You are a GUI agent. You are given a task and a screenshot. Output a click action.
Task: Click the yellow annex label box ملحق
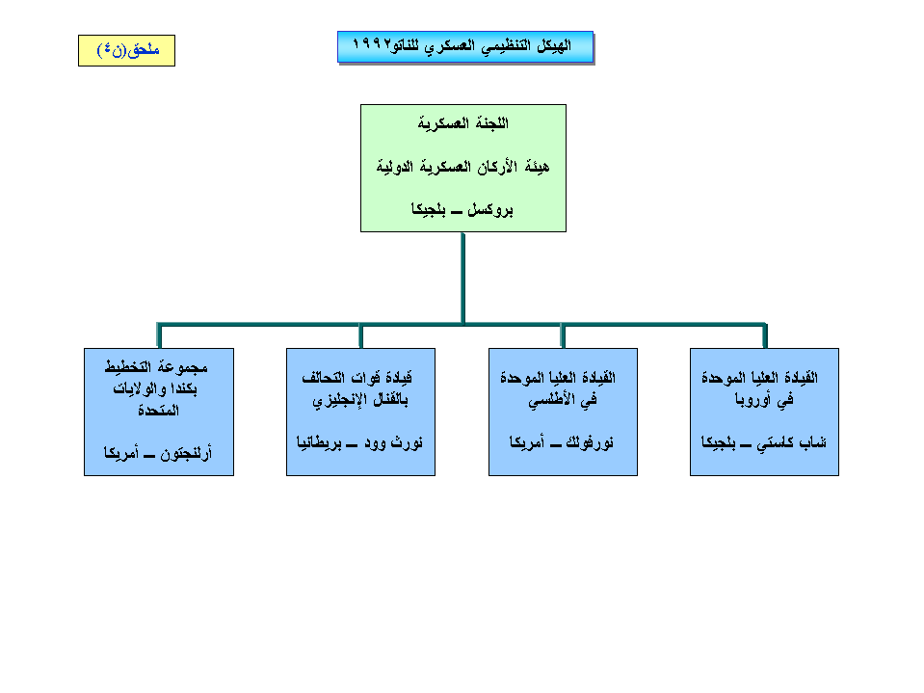(x=126, y=50)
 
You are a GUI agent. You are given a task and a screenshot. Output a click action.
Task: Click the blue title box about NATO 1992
(x=464, y=47)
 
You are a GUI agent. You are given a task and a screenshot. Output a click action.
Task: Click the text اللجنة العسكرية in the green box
(x=462, y=123)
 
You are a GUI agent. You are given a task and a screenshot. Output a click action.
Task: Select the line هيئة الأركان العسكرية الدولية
(x=462, y=166)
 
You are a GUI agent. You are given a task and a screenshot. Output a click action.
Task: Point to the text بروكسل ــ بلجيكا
(x=462, y=208)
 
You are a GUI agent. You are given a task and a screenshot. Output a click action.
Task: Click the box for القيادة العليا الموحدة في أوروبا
(x=764, y=412)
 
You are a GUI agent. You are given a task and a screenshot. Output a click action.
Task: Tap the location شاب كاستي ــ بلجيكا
(x=764, y=443)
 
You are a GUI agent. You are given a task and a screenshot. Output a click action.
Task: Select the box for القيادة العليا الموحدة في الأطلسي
(x=563, y=412)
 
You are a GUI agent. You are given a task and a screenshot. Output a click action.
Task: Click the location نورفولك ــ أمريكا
(x=563, y=443)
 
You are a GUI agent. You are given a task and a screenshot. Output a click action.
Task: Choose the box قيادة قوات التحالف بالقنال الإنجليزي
(x=360, y=412)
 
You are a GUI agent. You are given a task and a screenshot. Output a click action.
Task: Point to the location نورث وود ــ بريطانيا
(x=360, y=443)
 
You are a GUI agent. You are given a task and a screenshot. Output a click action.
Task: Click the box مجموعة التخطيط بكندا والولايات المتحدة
(x=159, y=412)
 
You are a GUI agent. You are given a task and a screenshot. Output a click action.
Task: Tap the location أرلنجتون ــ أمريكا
(x=159, y=450)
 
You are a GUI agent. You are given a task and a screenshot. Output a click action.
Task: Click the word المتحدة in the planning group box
(x=159, y=411)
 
